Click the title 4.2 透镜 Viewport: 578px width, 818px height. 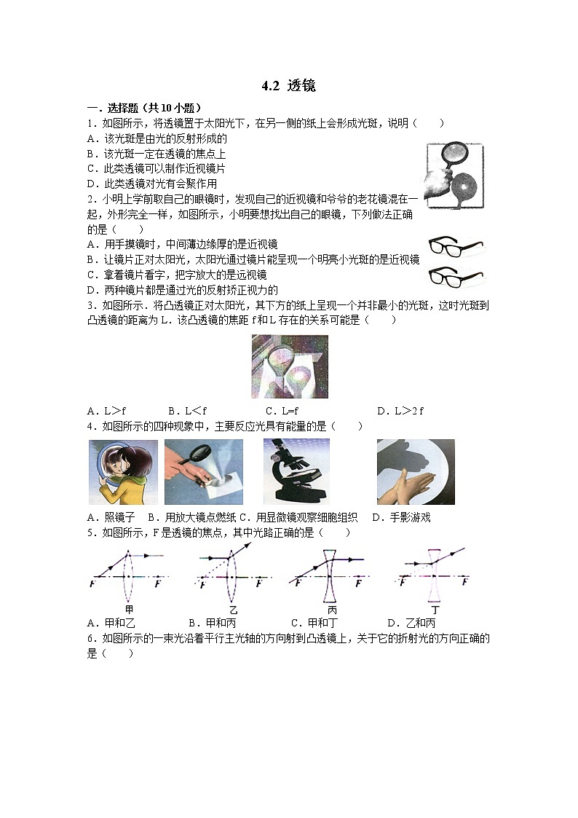288,86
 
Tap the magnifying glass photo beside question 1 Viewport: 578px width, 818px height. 454,176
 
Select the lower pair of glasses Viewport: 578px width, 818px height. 456,276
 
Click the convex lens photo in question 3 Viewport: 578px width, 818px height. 289,366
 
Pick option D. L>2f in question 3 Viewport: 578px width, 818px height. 400,411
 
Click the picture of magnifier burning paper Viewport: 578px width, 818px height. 204,471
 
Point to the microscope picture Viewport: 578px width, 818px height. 296,471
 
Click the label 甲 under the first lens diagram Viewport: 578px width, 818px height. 129,609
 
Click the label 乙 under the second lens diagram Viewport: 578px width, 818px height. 233,609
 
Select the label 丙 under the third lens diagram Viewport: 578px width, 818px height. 332,609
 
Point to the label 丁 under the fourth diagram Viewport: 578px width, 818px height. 435,609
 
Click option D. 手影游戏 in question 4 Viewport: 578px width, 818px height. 401,517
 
